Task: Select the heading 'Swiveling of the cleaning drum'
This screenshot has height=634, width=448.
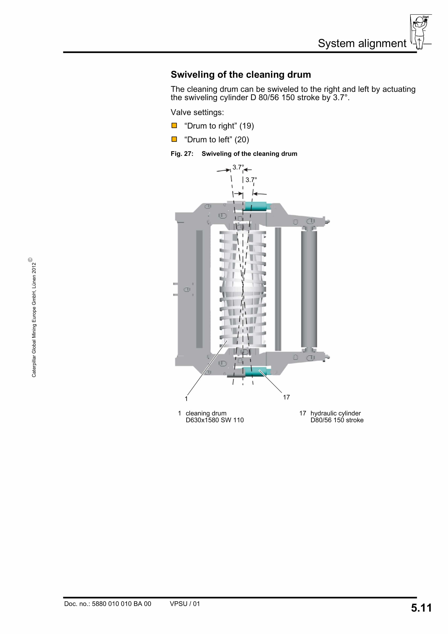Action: coord(241,75)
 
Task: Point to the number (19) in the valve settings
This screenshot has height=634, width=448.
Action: coord(246,126)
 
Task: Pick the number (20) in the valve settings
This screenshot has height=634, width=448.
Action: coord(242,140)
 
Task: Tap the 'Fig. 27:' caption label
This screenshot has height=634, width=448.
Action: coord(182,154)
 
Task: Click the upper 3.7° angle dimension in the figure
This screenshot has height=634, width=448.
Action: coord(238,167)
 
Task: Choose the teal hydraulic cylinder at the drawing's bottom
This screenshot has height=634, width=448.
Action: coord(255,372)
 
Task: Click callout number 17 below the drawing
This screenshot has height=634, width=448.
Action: coord(286,397)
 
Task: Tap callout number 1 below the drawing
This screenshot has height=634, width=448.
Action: coord(186,399)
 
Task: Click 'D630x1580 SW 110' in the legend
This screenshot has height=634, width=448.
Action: coord(215,420)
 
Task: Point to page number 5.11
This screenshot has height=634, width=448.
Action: coord(421,608)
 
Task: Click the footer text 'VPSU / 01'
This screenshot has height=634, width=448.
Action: coord(184,604)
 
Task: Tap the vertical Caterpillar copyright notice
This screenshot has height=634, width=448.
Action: coord(34,318)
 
